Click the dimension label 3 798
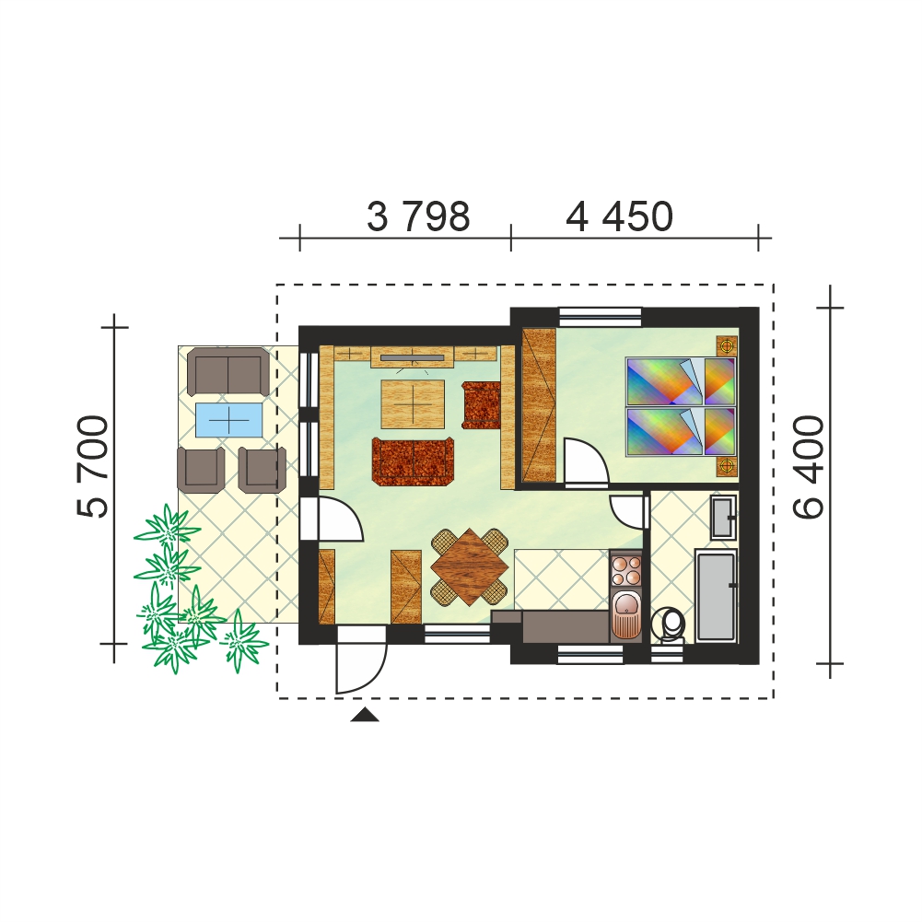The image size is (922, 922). [x=418, y=216]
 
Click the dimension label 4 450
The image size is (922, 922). [x=619, y=216]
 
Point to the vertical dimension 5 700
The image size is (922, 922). [x=93, y=467]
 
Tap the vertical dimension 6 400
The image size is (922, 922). [x=809, y=467]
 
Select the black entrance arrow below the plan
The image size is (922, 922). [x=365, y=715]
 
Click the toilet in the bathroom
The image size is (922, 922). [x=668, y=624]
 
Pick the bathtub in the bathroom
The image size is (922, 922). [x=716, y=595]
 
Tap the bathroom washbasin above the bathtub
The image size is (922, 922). [x=723, y=518]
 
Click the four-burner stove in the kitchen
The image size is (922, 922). [x=626, y=568]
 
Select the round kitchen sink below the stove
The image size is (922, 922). [x=626, y=615]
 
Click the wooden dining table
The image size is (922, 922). [x=469, y=566]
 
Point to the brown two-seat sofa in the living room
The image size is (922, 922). [x=414, y=461]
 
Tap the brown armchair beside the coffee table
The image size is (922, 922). [x=481, y=405]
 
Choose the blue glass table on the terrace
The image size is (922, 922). [x=228, y=420]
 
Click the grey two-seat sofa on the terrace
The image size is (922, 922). [x=228, y=371]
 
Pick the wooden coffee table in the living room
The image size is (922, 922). [x=413, y=404]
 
